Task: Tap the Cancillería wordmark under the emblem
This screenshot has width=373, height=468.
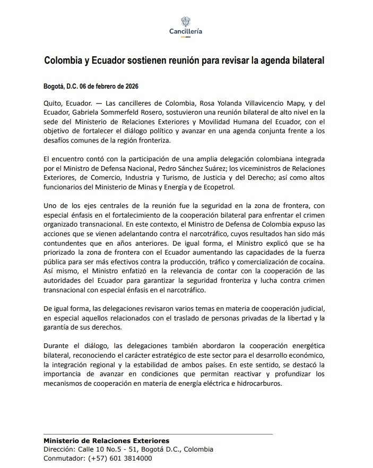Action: point(186,31)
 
